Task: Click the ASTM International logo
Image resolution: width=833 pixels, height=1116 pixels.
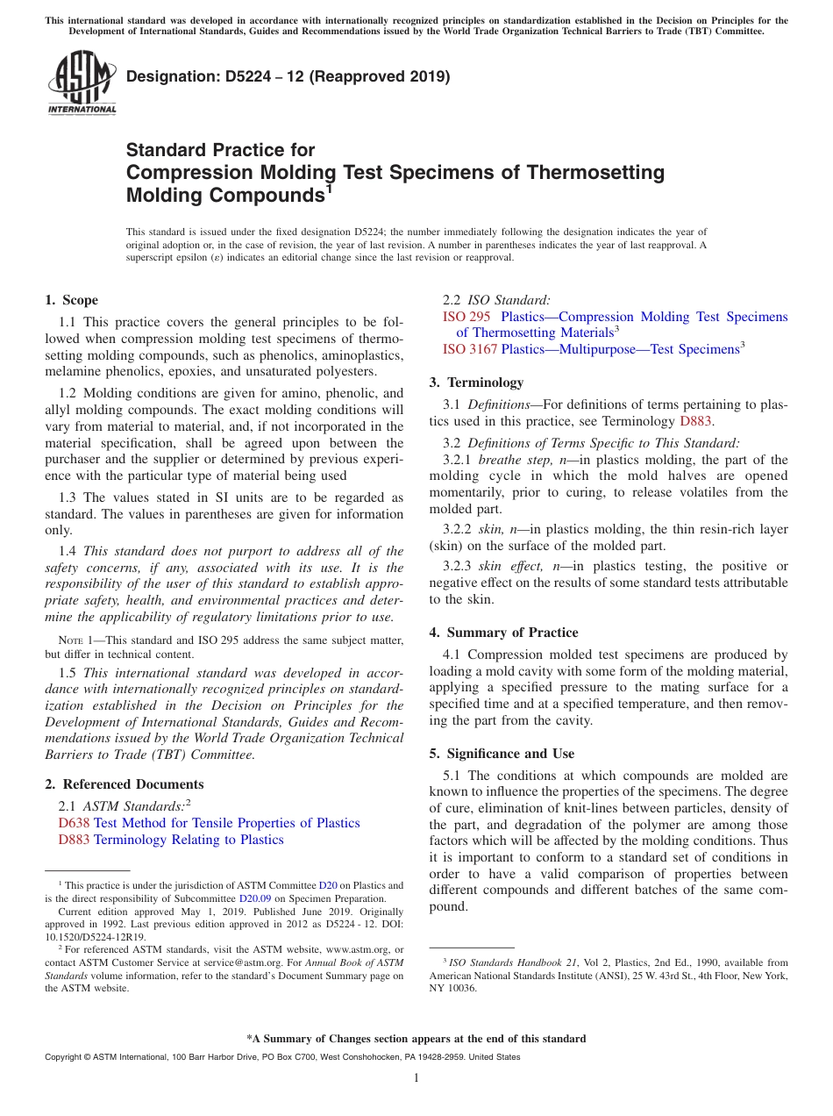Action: [x=82, y=82]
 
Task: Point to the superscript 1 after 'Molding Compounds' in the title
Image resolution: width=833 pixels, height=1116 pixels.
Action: [x=330, y=187]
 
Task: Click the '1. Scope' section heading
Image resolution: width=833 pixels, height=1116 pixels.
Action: [x=72, y=300]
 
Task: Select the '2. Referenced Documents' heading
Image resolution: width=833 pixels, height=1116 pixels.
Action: [x=125, y=784]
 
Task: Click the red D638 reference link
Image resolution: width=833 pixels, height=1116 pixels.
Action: [x=74, y=823]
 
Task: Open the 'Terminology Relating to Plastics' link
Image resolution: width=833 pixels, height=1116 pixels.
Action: [x=189, y=840]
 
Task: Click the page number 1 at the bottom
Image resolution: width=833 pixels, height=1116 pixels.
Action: [x=416, y=1077]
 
